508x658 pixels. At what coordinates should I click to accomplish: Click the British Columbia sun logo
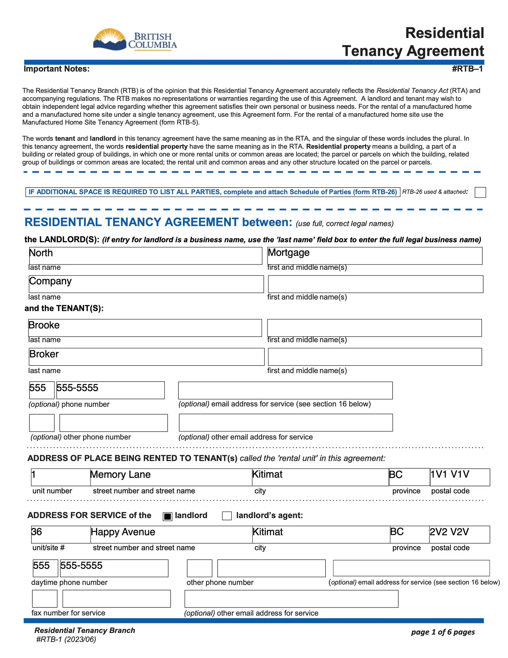(x=110, y=39)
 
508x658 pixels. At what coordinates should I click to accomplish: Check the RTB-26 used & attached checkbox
(x=480, y=192)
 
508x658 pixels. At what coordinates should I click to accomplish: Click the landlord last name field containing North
(x=145, y=256)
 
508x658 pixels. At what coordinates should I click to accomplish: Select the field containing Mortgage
(x=375, y=256)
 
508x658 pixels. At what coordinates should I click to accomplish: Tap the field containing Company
(x=146, y=284)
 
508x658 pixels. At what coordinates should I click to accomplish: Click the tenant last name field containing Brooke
(x=145, y=328)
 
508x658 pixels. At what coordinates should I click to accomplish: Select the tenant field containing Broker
(x=146, y=357)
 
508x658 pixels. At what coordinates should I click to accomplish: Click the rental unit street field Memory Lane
(x=171, y=477)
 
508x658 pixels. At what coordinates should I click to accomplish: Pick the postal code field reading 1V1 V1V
(x=460, y=477)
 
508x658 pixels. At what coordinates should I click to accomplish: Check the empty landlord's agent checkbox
(x=227, y=516)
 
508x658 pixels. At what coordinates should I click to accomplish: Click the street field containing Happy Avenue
(x=171, y=534)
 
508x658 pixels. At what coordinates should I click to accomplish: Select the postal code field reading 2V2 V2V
(x=459, y=534)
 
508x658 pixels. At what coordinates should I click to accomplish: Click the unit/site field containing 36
(x=61, y=534)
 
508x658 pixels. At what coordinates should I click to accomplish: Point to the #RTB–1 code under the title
(x=467, y=69)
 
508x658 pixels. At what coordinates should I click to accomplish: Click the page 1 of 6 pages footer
(x=443, y=632)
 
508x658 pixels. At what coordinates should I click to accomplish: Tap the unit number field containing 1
(x=61, y=477)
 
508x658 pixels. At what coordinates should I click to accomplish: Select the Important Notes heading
(x=57, y=69)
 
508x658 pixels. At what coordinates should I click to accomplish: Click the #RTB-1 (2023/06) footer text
(x=66, y=639)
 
